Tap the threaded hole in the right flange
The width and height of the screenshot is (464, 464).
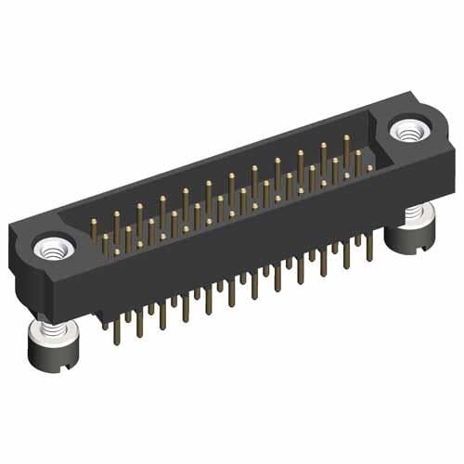(407, 132)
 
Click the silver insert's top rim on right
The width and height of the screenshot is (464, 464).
(407, 122)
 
